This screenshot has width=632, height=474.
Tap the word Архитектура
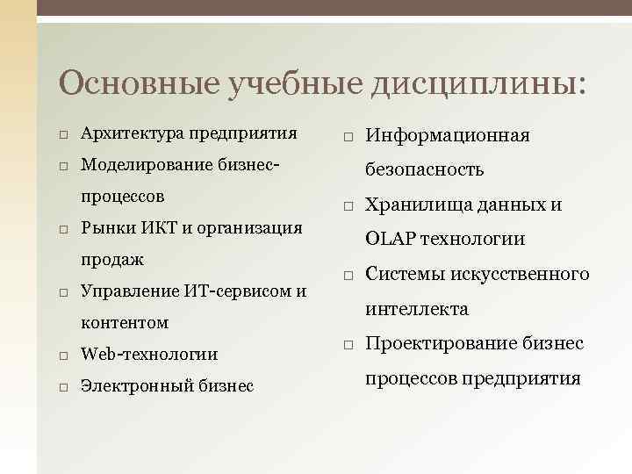tap(133, 134)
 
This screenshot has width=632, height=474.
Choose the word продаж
tap(112, 260)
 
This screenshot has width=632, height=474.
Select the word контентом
tap(124, 323)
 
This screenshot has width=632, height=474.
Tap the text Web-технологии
tap(149, 355)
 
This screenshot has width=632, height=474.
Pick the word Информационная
tap(448, 136)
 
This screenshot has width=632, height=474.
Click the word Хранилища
tap(416, 205)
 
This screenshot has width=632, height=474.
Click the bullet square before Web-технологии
tap(64, 355)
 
